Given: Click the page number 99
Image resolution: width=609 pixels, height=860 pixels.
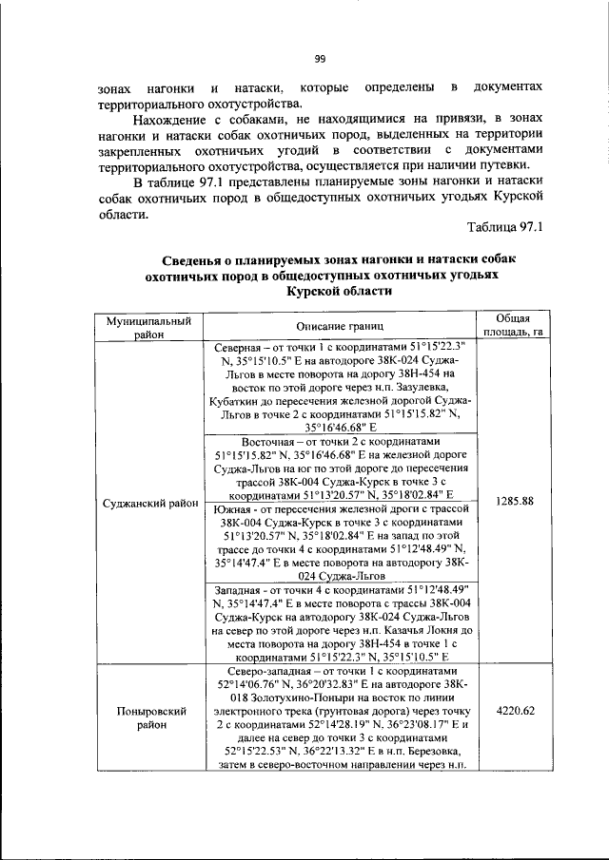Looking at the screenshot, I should coord(320,59).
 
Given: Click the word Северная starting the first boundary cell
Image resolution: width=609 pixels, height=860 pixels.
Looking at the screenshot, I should coord(239,348).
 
